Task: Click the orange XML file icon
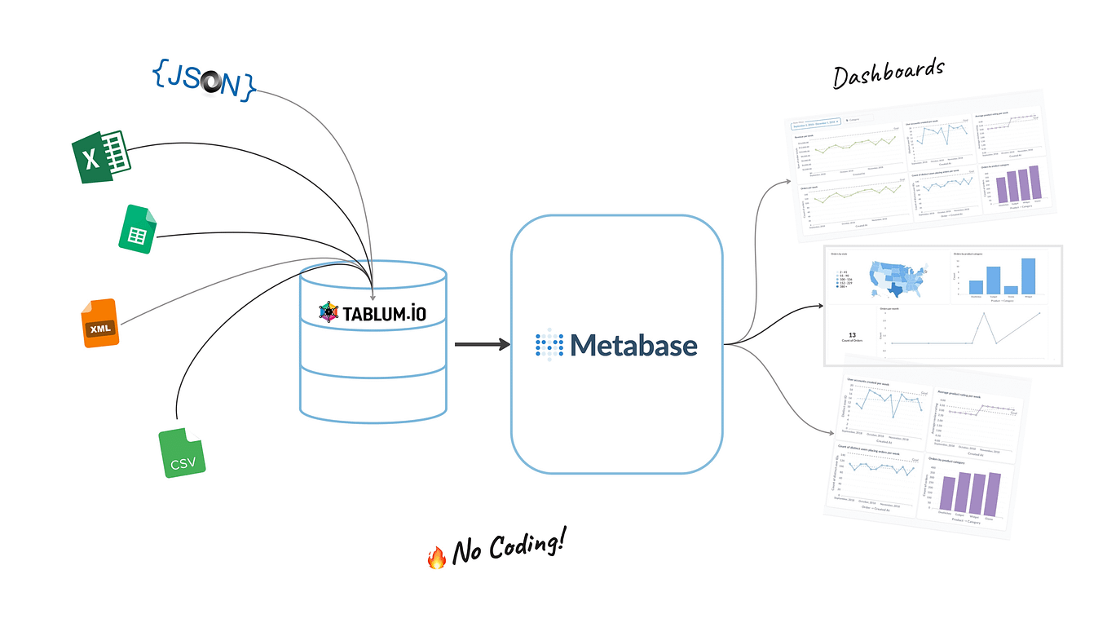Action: (x=99, y=324)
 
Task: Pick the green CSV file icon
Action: (x=182, y=453)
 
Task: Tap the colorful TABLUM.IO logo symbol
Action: (x=328, y=312)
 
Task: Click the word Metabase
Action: (x=634, y=345)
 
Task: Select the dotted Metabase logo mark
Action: (x=549, y=345)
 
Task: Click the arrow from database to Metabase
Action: (x=481, y=345)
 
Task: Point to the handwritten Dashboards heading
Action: (x=888, y=73)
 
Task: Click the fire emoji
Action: (x=437, y=557)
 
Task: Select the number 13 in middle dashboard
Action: (x=851, y=335)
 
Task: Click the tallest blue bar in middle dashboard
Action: (x=1027, y=276)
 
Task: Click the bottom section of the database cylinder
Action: (x=373, y=391)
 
